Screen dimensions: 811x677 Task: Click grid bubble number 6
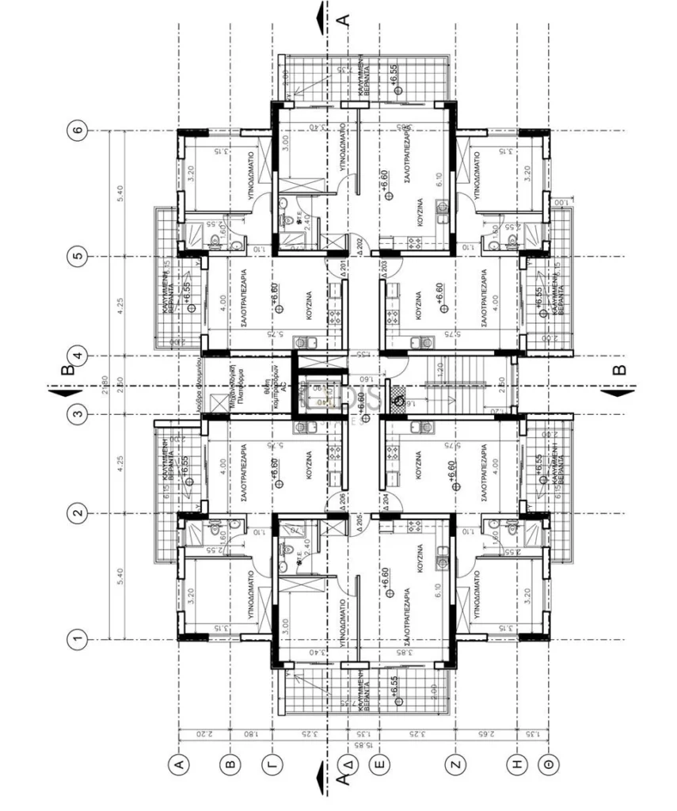78,131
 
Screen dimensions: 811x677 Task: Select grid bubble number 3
78,413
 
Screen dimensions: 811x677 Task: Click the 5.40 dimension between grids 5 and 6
121,193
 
